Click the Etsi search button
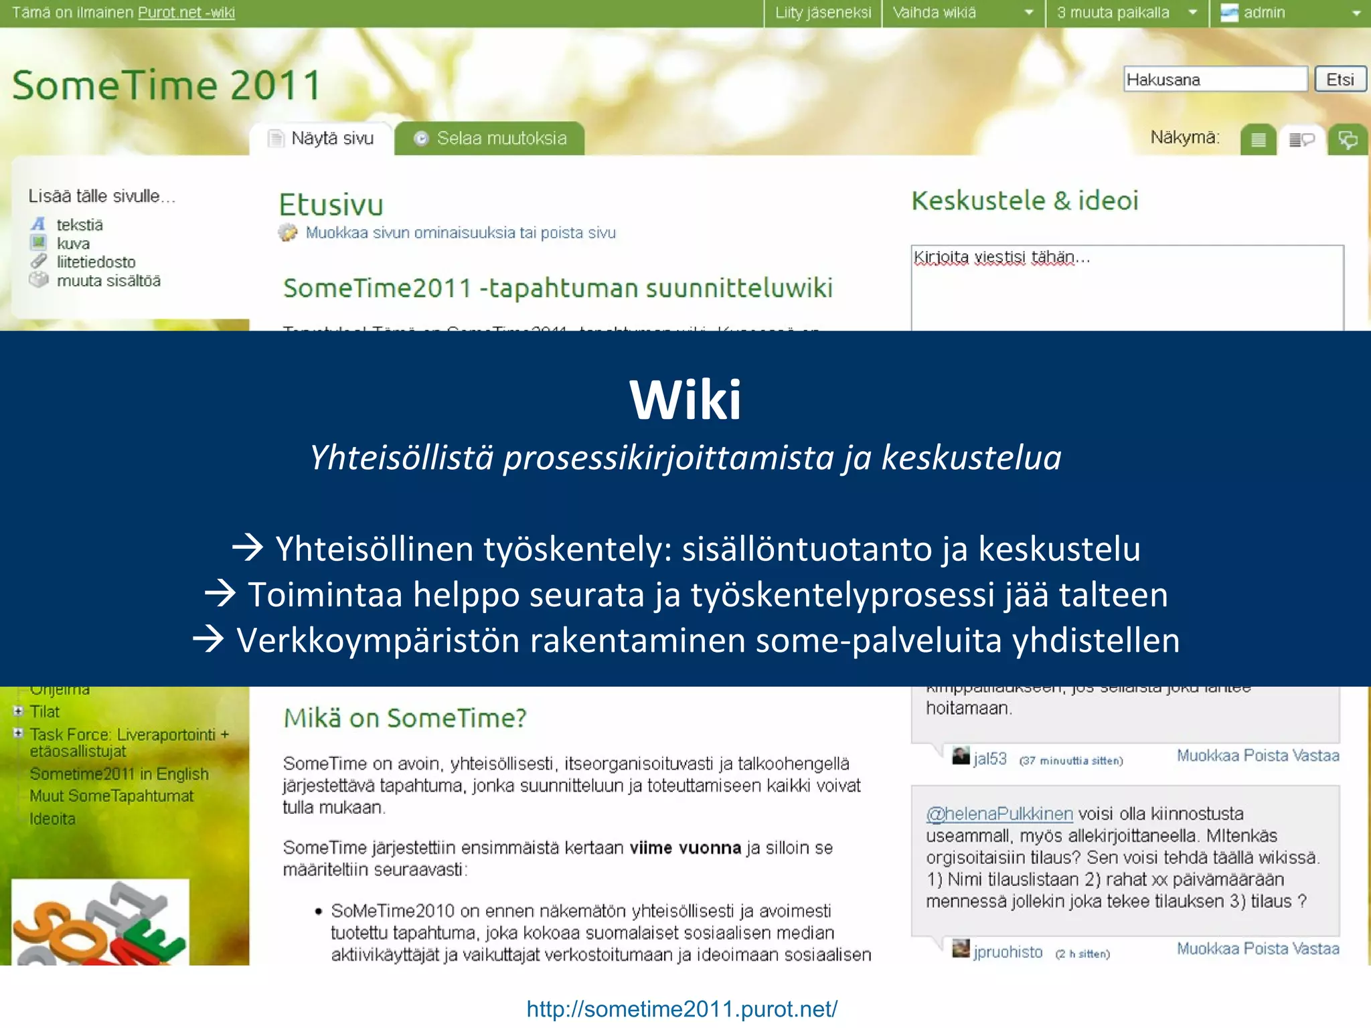coord(1340,80)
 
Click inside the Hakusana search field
coord(1214,80)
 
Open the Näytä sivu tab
coord(322,139)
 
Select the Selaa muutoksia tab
coord(490,139)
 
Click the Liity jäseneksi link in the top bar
coord(823,13)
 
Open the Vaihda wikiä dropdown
coord(963,13)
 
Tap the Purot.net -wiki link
coord(186,13)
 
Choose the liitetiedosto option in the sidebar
coord(96,262)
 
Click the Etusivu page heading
coord(331,205)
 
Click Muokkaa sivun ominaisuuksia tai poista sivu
coord(460,233)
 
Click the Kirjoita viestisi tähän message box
coord(1127,288)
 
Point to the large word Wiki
coord(685,400)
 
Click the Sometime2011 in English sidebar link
coord(119,774)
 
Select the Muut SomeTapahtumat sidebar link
coord(111,796)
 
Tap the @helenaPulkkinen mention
coord(999,814)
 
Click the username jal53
coord(989,759)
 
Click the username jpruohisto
coord(1007,952)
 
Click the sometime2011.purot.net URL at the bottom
coord(681,1009)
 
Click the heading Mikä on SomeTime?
coord(405,718)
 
